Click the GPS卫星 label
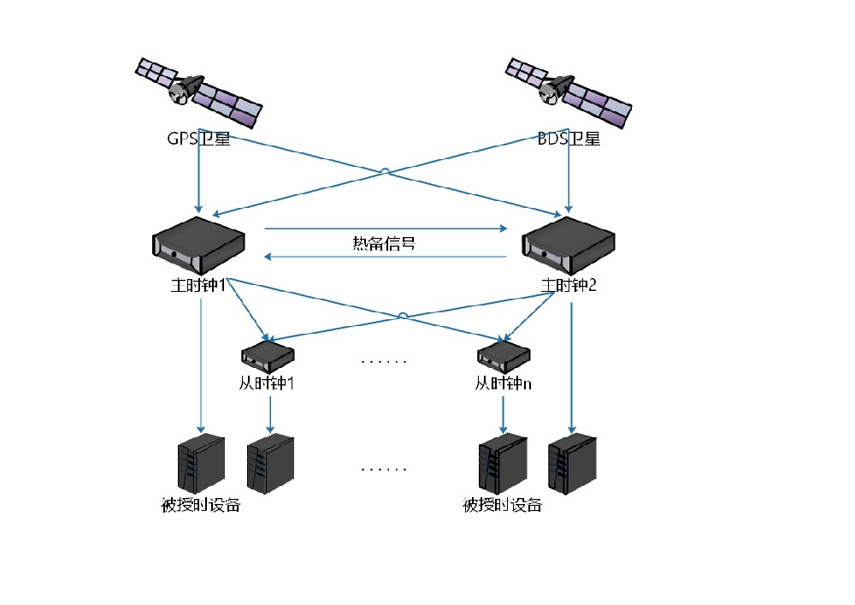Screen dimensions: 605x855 (198, 139)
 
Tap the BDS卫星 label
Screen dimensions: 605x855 (569, 139)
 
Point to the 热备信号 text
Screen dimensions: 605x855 (385, 243)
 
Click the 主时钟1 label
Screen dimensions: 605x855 (198, 285)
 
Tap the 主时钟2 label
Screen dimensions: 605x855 (569, 285)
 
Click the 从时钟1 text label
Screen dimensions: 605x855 (267, 383)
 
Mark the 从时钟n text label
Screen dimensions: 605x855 (504, 383)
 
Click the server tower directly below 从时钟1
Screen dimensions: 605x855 (270, 463)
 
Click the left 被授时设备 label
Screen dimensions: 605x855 (201, 504)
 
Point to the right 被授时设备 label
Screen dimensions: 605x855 (503, 504)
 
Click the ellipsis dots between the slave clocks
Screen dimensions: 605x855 (384, 362)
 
